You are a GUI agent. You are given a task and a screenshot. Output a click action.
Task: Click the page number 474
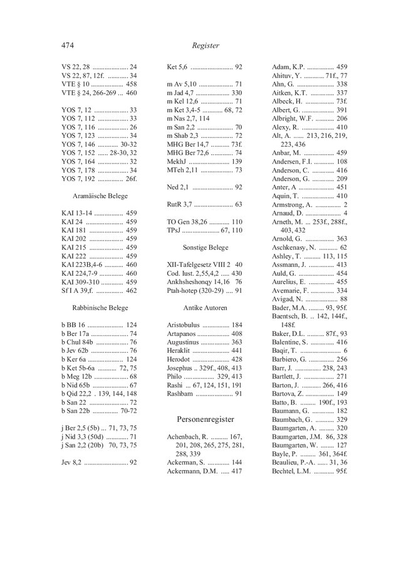[x=68, y=45]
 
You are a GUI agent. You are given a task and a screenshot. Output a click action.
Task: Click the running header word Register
[x=206, y=45]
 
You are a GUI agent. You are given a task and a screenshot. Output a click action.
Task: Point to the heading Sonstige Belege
[x=205, y=248]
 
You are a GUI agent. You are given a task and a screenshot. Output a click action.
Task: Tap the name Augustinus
[x=189, y=342]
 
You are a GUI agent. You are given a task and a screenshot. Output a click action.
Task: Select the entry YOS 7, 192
[x=78, y=179]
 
